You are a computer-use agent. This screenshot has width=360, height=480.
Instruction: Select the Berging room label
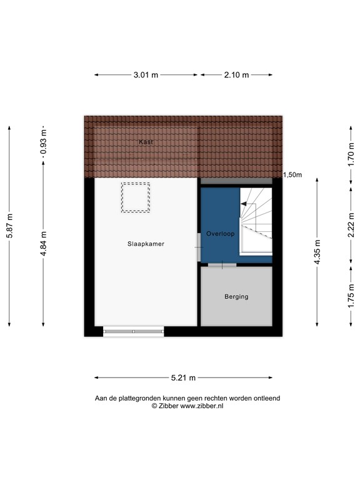tap(236, 296)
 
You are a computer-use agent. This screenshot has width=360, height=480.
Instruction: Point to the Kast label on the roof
tap(145, 142)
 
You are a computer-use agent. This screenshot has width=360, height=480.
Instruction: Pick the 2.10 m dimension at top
tap(236, 75)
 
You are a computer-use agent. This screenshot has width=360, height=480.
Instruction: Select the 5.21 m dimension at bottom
tap(184, 377)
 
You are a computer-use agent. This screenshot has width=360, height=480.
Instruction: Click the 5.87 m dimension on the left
tap(9, 226)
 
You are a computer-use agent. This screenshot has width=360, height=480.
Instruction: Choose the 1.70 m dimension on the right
tap(351, 151)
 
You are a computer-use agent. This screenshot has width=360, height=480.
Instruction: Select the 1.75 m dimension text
tap(351, 296)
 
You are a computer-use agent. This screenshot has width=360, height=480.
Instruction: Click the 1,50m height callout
tap(292, 175)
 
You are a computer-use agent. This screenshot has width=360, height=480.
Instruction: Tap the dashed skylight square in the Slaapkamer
tap(136, 197)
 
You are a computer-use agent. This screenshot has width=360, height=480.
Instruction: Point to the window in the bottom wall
tap(134, 331)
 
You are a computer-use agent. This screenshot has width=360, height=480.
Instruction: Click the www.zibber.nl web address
tap(201, 406)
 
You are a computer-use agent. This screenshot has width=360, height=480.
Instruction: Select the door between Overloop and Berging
tap(222, 266)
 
